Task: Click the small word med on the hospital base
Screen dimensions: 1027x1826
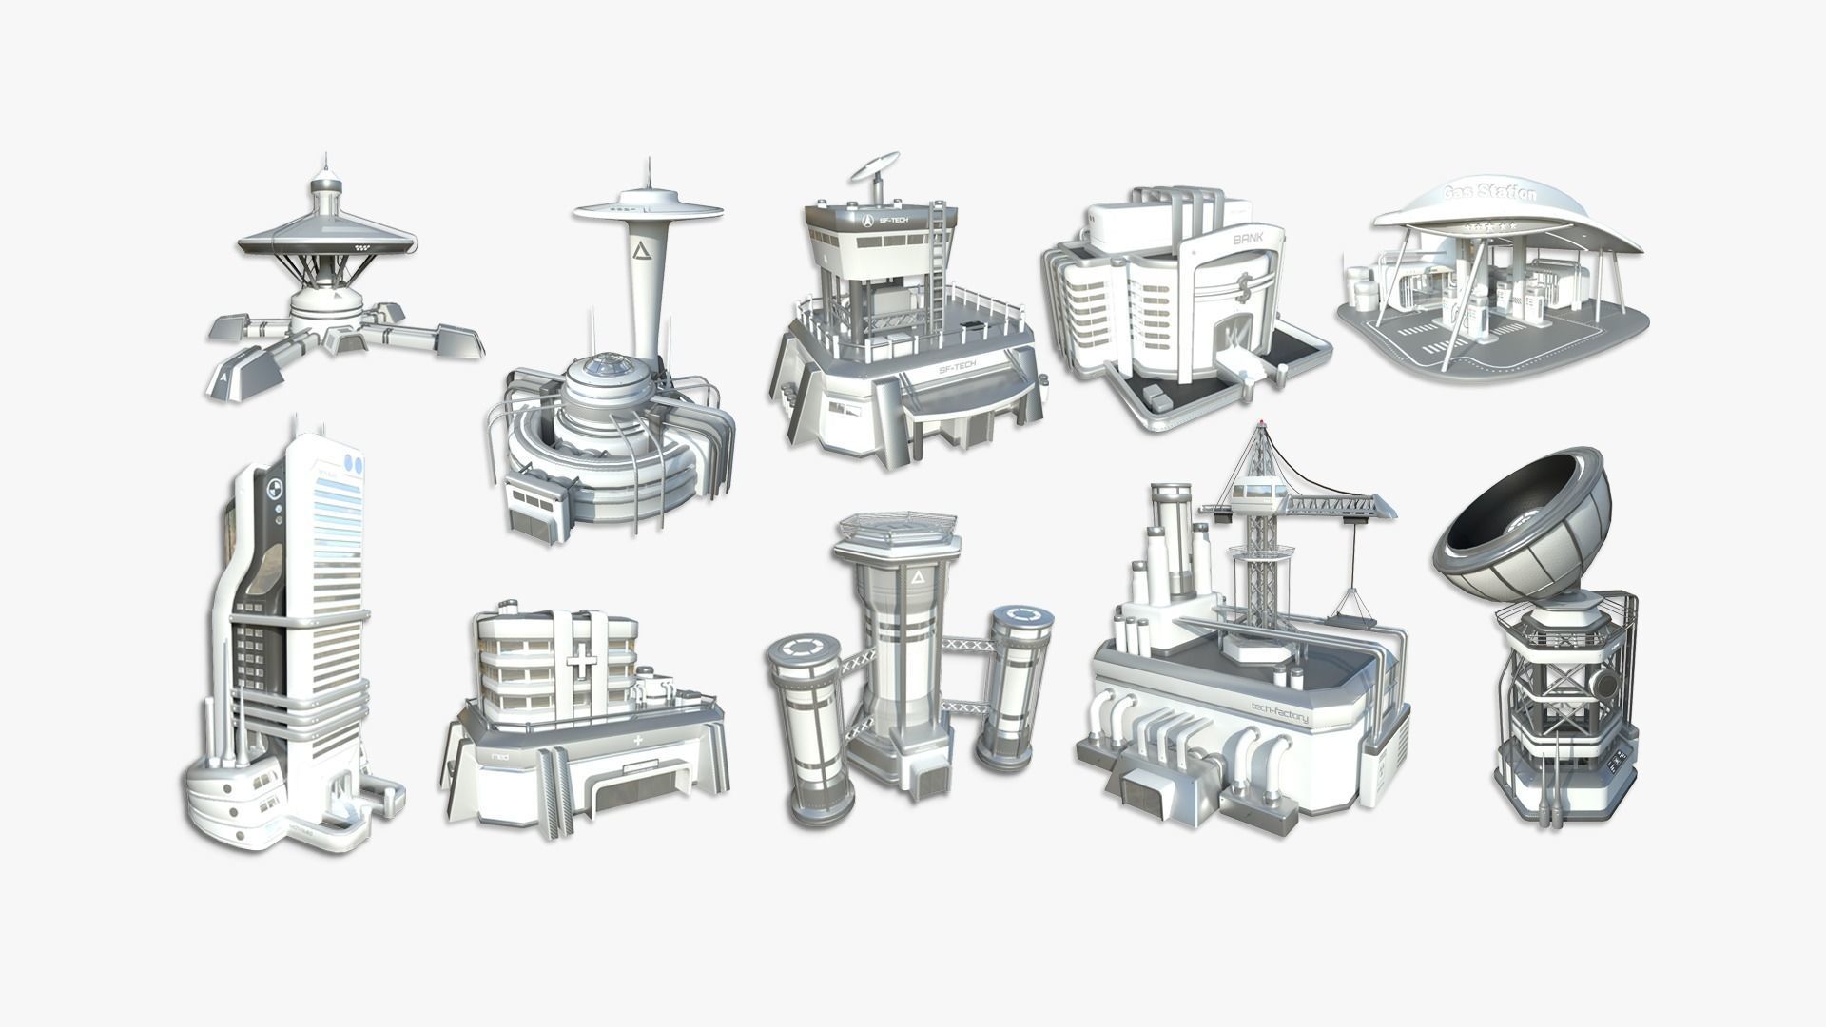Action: (x=500, y=756)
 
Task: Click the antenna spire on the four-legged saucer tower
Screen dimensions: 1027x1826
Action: (x=324, y=163)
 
